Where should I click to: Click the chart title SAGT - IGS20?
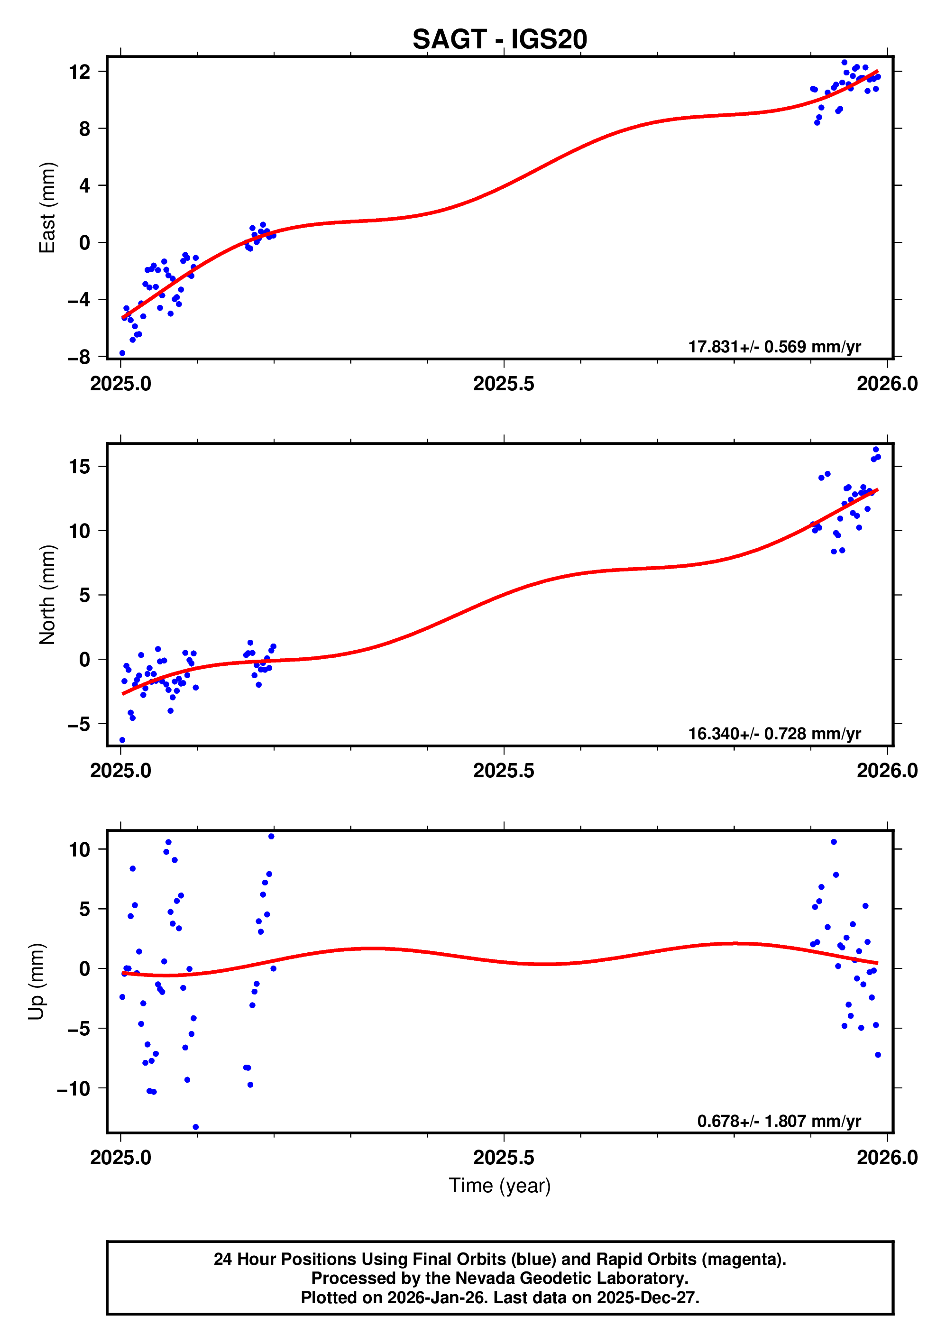tap(499, 40)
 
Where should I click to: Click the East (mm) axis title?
tap(47, 208)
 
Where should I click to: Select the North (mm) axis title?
tap(47, 595)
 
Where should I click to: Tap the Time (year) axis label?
tap(499, 1185)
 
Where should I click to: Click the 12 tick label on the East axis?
tap(80, 72)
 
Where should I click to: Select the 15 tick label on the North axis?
tap(80, 467)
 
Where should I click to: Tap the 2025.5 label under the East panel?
tap(504, 384)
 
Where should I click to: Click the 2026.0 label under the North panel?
tap(887, 771)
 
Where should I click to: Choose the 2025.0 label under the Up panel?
tap(120, 1157)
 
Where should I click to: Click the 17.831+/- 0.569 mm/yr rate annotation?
tap(774, 347)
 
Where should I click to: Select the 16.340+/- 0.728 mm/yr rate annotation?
tap(774, 734)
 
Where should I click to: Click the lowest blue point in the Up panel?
tap(195, 1127)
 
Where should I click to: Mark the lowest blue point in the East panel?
tap(122, 353)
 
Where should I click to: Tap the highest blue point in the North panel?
tap(876, 450)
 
